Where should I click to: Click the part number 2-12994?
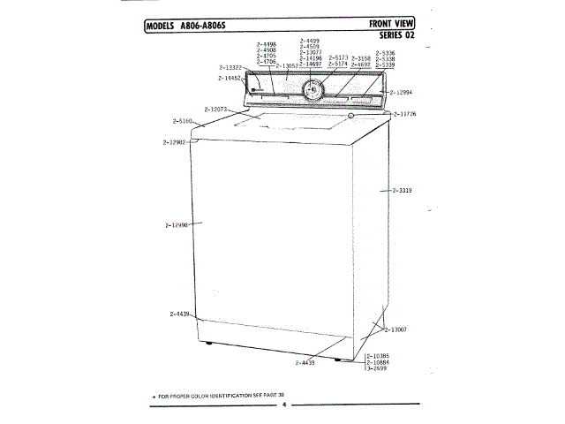pos(402,92)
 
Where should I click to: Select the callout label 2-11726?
pos(405,114)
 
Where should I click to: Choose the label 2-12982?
pos(174,142)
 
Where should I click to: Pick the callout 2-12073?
pos(217,109)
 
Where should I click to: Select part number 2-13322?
pos(230,67)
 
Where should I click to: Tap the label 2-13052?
pos(288,66)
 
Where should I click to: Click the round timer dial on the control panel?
pos(313,88)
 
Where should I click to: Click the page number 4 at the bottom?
pos(284,405)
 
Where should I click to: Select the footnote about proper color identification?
pos(224,394)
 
